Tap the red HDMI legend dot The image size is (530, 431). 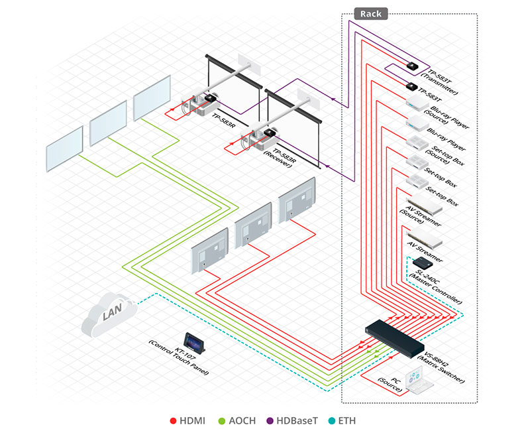click(173, 420)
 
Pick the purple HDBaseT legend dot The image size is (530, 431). click(273, 420)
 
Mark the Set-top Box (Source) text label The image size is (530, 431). click(441, 156)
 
